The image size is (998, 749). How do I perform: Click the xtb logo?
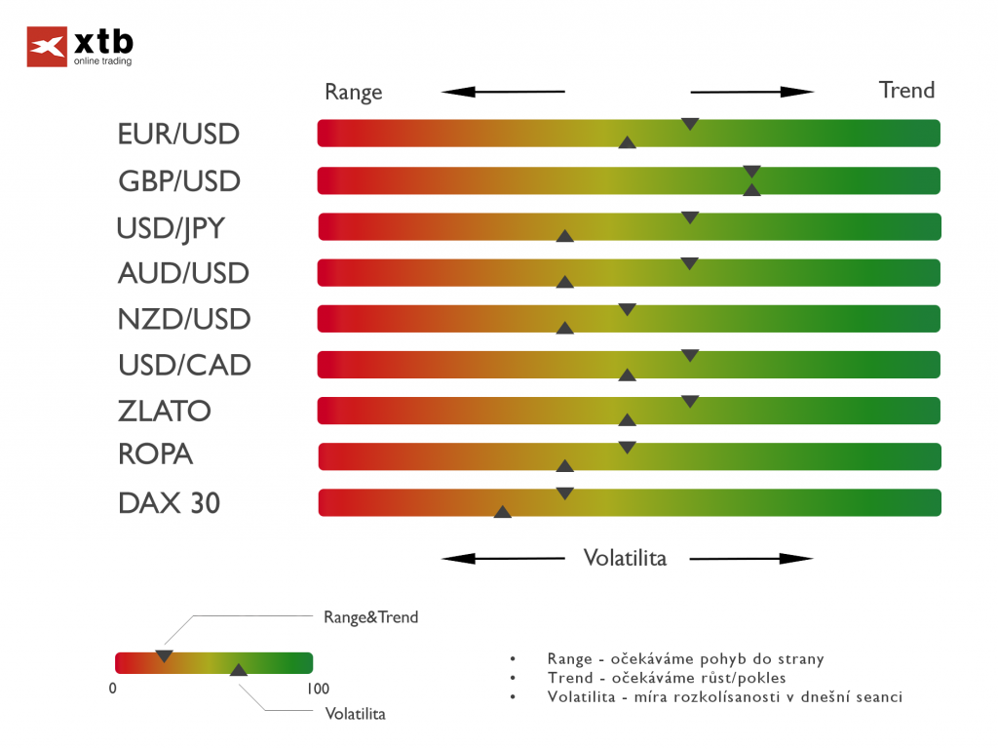pyautogui.click(x=80, y=47)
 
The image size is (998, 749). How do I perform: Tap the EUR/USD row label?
pyautogui.click(x=178, y=134)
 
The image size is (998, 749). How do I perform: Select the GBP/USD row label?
pyautogui.click(x=178, y=181)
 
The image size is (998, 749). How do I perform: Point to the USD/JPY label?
pyautogui.click(x=171, y=228)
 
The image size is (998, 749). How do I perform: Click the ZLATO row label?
pyautogui.click(x=164, y=411)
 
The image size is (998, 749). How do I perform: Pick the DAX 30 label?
pyautogui.click(x=169, y=503)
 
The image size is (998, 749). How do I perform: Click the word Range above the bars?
pyautogui.click(x=353, y=93)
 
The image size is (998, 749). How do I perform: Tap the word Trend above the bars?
pyautogui.click(x=906, y=91)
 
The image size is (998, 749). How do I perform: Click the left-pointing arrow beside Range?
pyautogui.click(x=502, y=93)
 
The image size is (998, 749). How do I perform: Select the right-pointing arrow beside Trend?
pyautogui.click(x=751, y=93)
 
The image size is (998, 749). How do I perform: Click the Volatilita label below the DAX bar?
pyautogui.click(x=625, y=558)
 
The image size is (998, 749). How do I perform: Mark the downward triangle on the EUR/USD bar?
pyautogui.click(x=690, y=124)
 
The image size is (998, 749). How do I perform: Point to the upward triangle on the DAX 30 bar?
pyautogui.click(x=503, y=511)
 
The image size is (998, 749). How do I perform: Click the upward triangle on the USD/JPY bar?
pyautogui.click(x=564, y=235)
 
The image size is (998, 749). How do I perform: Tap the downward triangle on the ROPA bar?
pyautogui.click(x=628, y=448)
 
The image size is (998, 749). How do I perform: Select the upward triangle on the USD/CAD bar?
pyautogui.click(x=628, y=374)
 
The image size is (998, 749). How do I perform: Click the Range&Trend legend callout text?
pyautogui.click(x=370, y=617)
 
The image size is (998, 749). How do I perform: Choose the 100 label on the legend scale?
pyautogui.click(x=318, y=689)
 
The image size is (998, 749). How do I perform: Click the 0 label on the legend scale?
pyautogui.click(x=113, y=689)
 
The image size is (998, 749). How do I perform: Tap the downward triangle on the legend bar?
pyautogui.click(x=164, y=655)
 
